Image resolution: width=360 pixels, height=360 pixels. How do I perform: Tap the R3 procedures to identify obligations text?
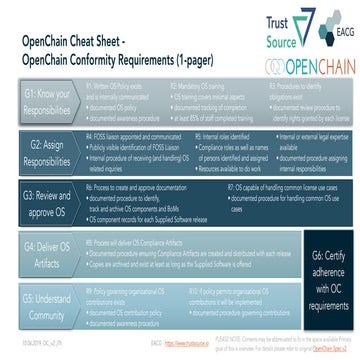(x=294, y=102)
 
